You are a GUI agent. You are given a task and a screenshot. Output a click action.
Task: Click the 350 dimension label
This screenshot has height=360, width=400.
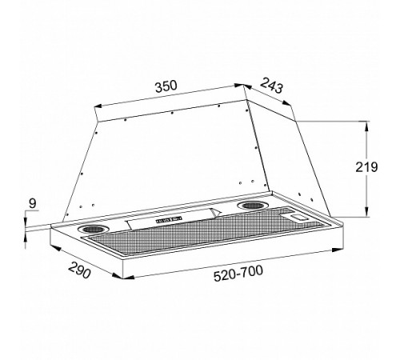point(166,86)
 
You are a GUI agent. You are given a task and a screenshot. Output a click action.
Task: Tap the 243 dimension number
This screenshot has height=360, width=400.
point(271,85)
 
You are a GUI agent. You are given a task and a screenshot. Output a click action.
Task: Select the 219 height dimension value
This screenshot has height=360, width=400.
point(366,167)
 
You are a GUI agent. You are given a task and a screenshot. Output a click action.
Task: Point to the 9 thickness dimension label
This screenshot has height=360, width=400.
point(32,204)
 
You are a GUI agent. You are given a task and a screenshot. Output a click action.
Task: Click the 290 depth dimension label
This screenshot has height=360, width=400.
point(79,270)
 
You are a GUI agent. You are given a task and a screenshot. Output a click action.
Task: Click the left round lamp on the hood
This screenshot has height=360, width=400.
point(93,229)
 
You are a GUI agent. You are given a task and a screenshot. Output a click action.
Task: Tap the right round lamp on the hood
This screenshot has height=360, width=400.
point(253,206)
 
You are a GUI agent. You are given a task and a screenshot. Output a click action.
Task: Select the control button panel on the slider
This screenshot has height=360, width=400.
point(169,220)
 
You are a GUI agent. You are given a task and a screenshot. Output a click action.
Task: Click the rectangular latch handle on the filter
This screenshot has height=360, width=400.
point(299,217)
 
